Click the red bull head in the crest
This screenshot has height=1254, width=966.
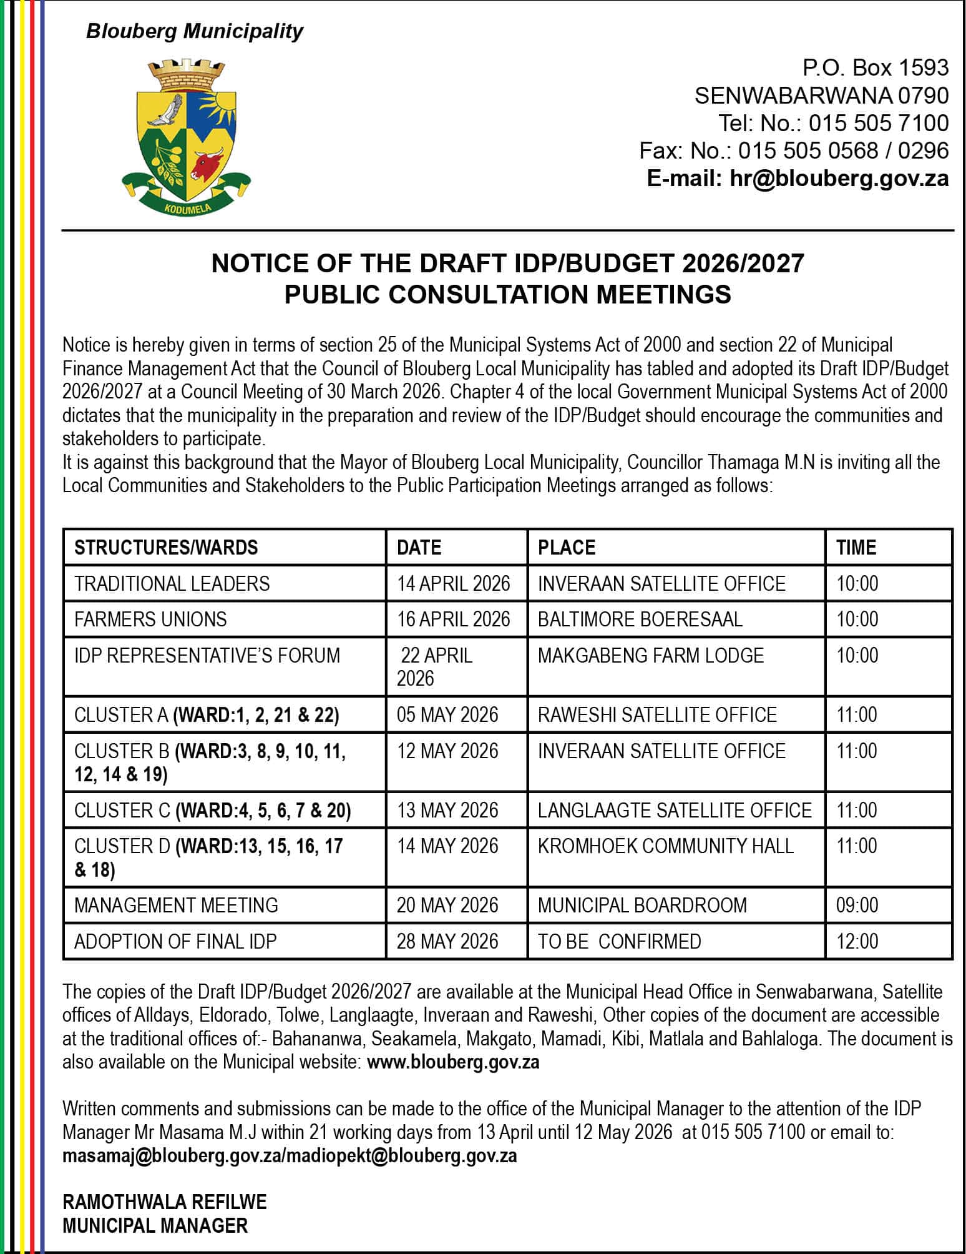tap(207, 164)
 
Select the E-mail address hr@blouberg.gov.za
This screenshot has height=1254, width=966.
tap(798, 179)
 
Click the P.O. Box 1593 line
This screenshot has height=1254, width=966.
tap(876, 67)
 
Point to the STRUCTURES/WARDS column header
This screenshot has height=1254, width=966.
tap(166, 548)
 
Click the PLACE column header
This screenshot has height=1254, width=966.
tap(567, 548)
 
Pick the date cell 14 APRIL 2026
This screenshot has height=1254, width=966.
tap(454, 583)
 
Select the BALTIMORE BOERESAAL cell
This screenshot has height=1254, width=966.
tap(640, 619)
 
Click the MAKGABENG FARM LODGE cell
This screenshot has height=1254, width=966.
tap(651, 655)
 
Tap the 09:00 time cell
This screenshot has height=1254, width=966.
tap(857, 905)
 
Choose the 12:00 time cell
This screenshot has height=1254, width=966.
tap(857, 941)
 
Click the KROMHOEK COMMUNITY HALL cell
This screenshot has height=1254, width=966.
tap(666, 846)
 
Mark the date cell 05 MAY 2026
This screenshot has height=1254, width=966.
tap(447, 714)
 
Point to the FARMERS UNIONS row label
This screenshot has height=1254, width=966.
tap(150, 619)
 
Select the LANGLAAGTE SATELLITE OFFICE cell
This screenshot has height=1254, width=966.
tap(675, 810)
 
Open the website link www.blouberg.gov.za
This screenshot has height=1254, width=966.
tap(453, 1062)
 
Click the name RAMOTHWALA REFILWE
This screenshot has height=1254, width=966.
tap(165, 1202)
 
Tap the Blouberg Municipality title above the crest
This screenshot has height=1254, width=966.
tap(195, 31)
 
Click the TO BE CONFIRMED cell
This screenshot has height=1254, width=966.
tap(620, 941)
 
